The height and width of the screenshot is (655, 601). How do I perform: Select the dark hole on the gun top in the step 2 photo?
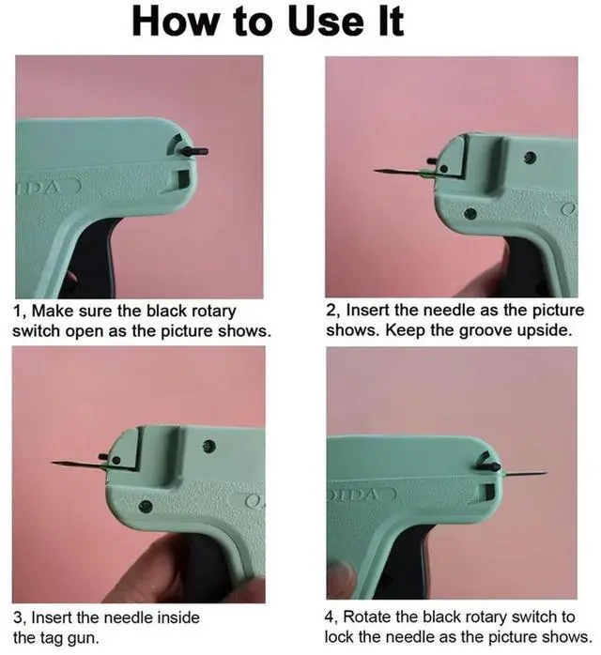pos(531,157)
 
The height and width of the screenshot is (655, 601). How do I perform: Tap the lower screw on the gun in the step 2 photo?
pos(470,214)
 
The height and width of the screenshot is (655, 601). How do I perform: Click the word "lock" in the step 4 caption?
pos(341,637)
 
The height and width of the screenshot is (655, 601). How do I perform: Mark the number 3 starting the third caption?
pos(18,618)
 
